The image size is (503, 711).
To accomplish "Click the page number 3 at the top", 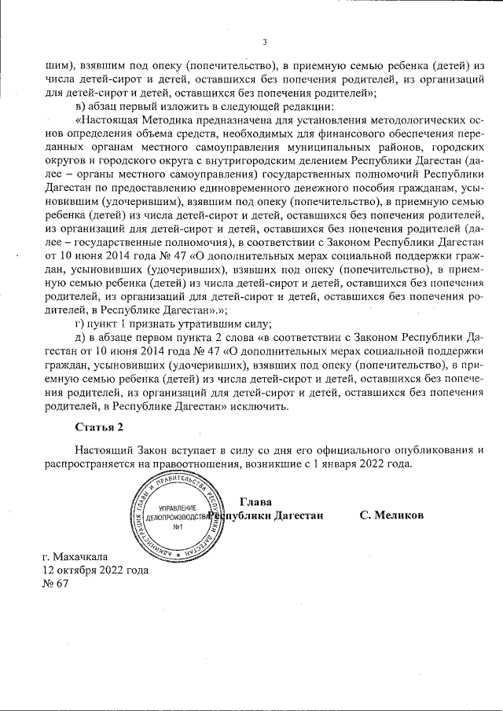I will [x=265, y=42].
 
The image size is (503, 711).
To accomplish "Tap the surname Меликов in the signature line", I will [x=391, y=515].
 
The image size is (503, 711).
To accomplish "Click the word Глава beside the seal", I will [x=256, y=501].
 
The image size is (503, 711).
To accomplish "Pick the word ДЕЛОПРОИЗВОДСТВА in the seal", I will [x=178, y=518].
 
